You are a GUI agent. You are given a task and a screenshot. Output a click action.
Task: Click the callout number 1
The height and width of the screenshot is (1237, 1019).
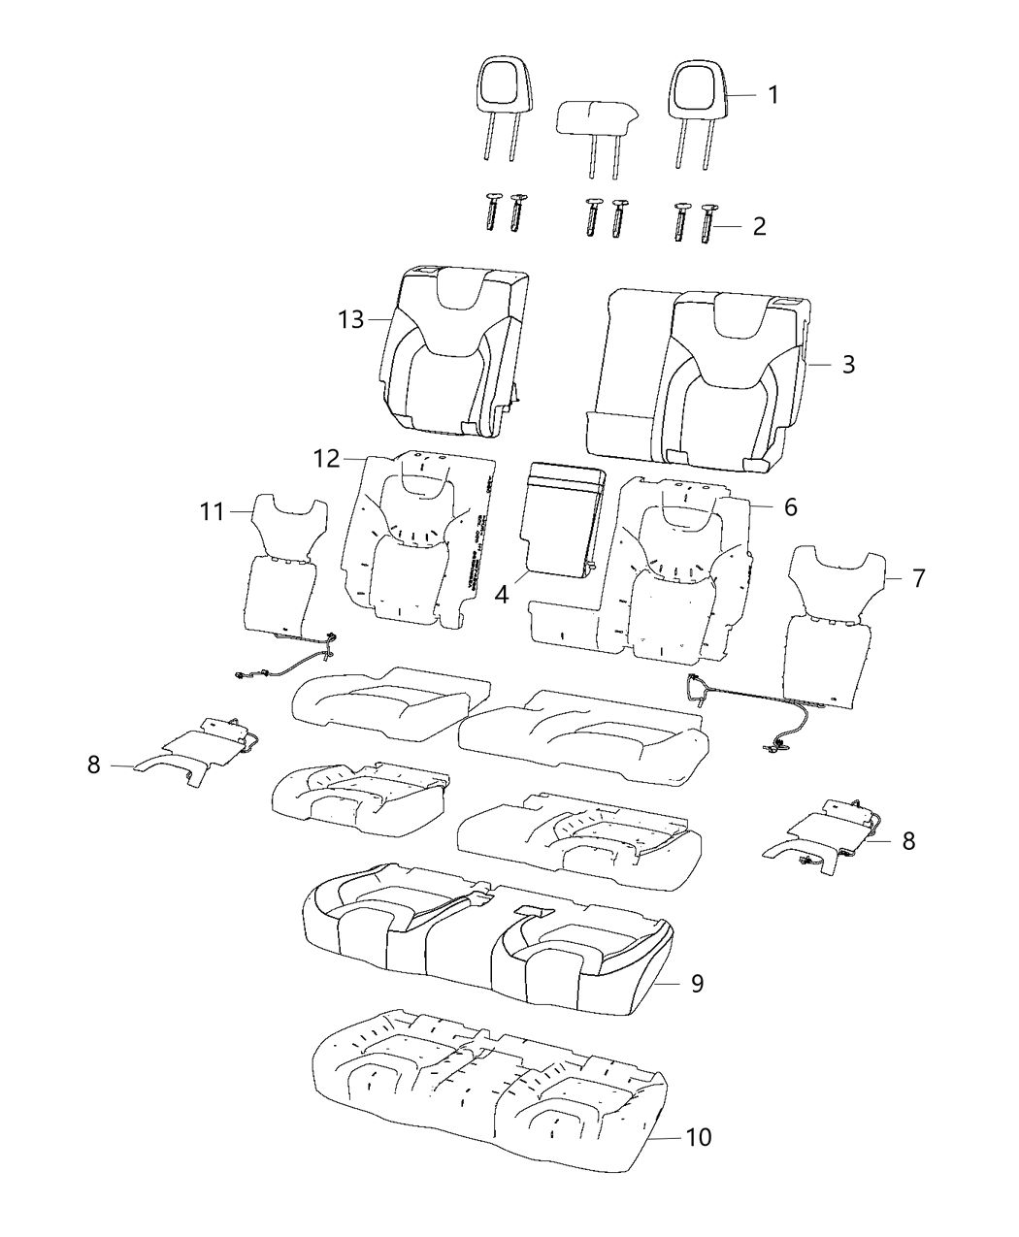[772, 95]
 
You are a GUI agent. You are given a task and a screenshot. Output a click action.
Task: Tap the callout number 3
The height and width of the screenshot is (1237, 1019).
[847, 365]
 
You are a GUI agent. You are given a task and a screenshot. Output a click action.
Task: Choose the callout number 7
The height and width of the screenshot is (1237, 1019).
[918, 578]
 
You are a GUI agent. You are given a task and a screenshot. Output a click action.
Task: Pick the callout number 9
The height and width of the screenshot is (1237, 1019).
[697, 984]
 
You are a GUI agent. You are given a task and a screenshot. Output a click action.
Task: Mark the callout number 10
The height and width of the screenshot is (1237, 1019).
[699, 1137]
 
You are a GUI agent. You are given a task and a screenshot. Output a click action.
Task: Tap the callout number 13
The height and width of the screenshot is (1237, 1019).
[350, 319]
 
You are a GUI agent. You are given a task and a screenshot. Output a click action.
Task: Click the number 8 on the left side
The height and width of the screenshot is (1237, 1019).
[93, 765]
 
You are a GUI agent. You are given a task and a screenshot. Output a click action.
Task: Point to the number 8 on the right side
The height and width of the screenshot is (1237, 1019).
[907, 841]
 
